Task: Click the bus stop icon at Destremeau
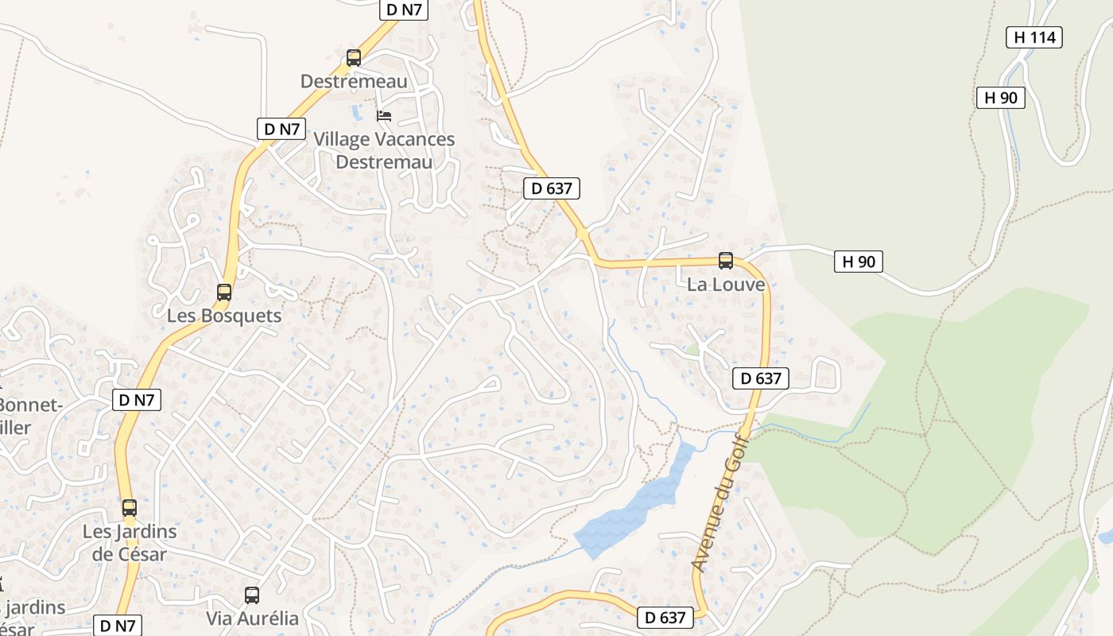point(354,58)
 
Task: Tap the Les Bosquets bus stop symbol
point(224,293)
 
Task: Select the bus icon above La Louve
point(725,260)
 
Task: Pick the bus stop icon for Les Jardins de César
point(130,507)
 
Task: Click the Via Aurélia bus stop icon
point(252,595)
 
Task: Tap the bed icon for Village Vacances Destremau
point(384,116)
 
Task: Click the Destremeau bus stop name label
point(354,81)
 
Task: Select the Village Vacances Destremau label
point(384,150)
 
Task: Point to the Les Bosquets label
point(224,316)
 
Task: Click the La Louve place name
point(726,285)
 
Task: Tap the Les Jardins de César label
point(130,542)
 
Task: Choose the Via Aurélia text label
point(252,619)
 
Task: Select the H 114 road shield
point(1033,37)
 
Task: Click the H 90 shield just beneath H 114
point(1000,98)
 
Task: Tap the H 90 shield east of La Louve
point(859,262)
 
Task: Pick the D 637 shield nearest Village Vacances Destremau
point(552,188)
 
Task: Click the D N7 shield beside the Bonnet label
point(137,400)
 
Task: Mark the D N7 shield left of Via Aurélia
point(117,626)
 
